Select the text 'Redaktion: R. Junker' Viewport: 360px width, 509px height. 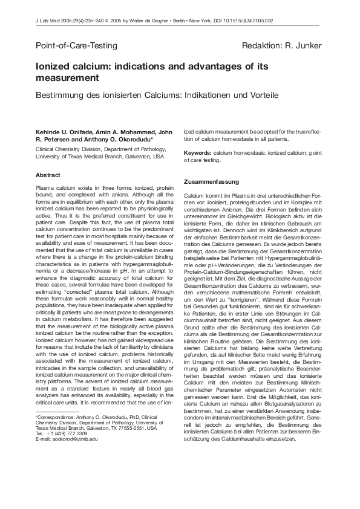[x=281, y=46]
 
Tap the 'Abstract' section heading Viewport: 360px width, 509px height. [x=48, y=175]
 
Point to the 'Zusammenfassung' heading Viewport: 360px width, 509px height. [x=211, y=182]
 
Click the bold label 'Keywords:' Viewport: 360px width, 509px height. [x=197, y=153]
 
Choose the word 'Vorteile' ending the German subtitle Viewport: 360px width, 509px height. [x=263, y=96]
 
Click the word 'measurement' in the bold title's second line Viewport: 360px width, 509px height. [x=67, y=79]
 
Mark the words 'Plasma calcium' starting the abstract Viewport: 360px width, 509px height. [x=55, y=189]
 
